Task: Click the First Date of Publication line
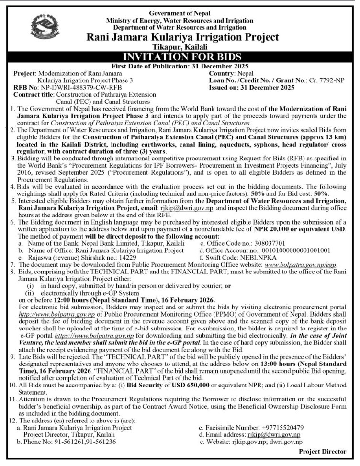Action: [180, 66]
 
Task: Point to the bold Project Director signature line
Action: [322, 451]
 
